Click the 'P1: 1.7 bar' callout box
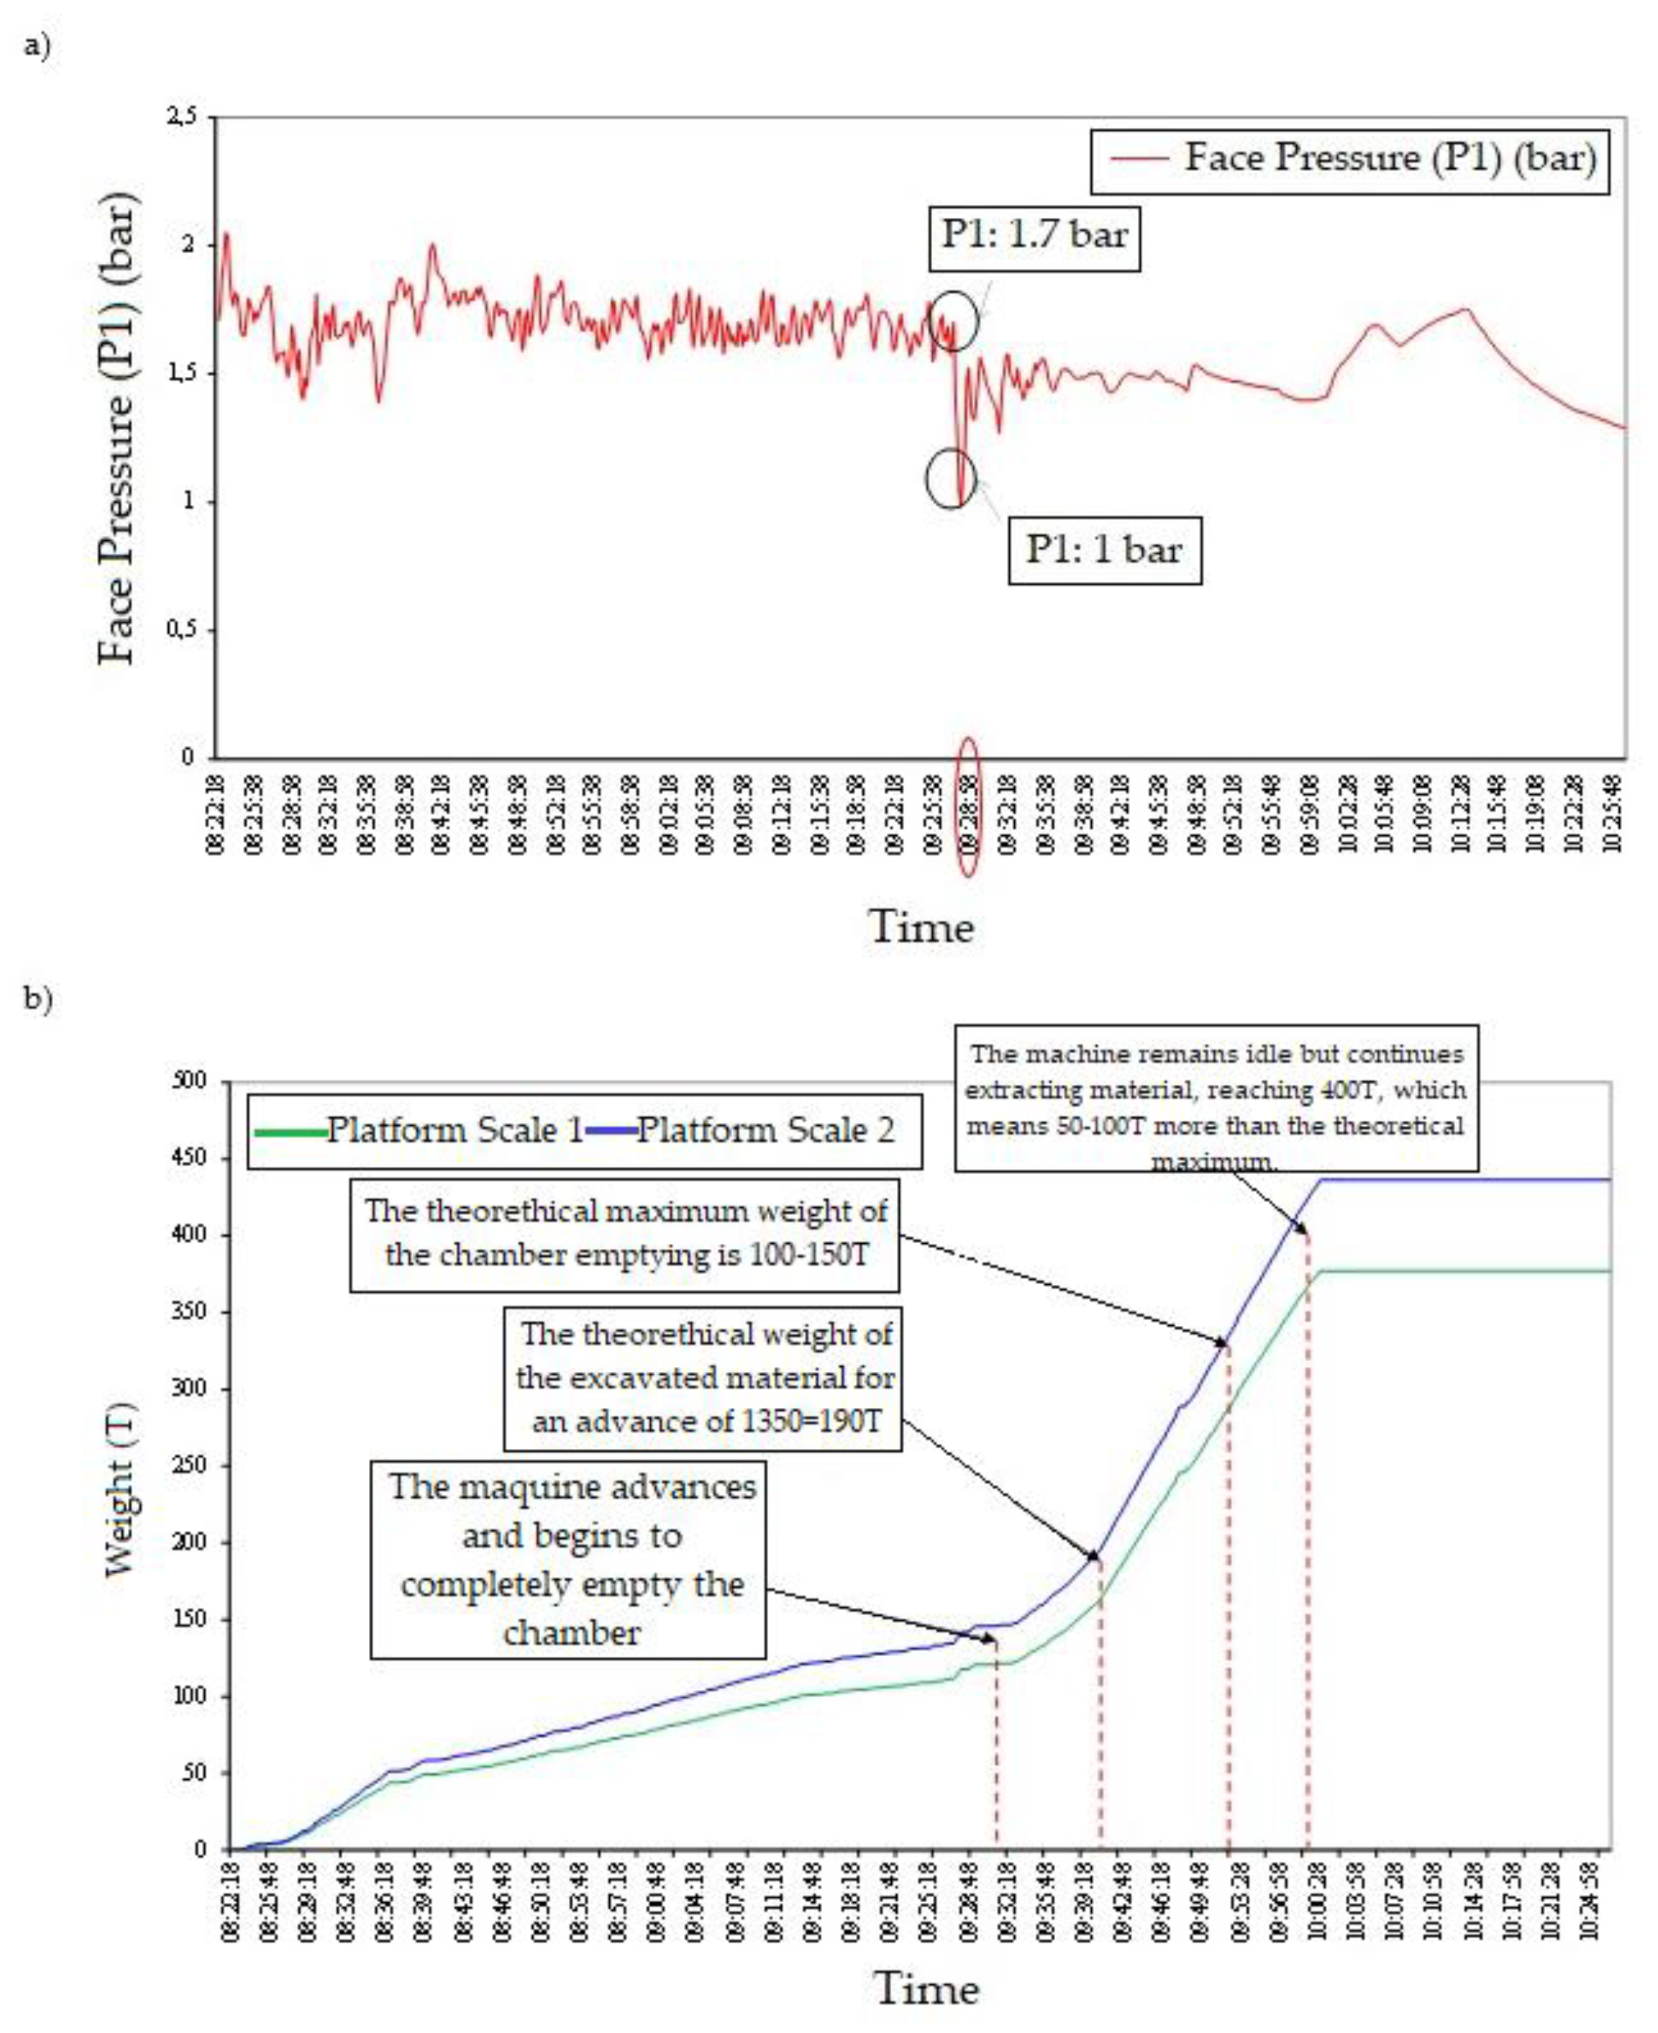pos(1035,235)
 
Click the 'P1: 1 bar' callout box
pos(1105,550)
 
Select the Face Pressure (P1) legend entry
pos(1350,158)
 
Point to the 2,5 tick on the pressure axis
pos(182,117)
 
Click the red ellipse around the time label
pos(968,808)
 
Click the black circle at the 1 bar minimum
pos(951,479)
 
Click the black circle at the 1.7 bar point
pos(954,320)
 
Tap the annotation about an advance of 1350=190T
pos(703,1379)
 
